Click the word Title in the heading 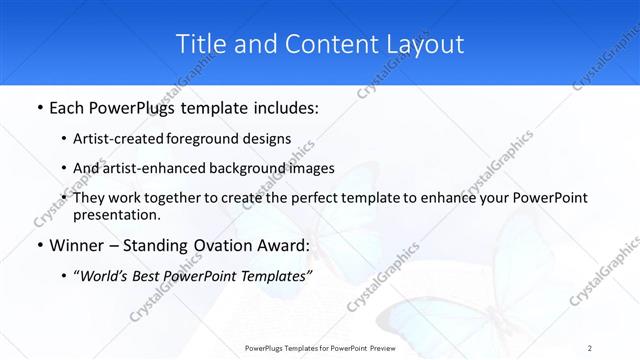pyautogui.click(x=201, y=44)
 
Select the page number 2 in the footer pyautogui.click(x=589, y=348)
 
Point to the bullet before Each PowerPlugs pyautogui.click(x=38, y=105)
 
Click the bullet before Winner pyautogui.click(x=38, y=245)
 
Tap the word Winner pyautogui.click(x=76, y=245)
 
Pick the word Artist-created pyautogui.click(x=120, y=139)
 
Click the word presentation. pyautogui.click(x=116, y=214)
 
